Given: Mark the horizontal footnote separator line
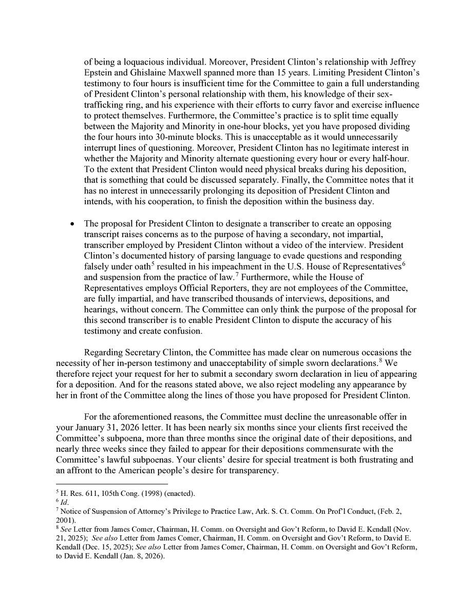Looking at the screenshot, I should point(111,484).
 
